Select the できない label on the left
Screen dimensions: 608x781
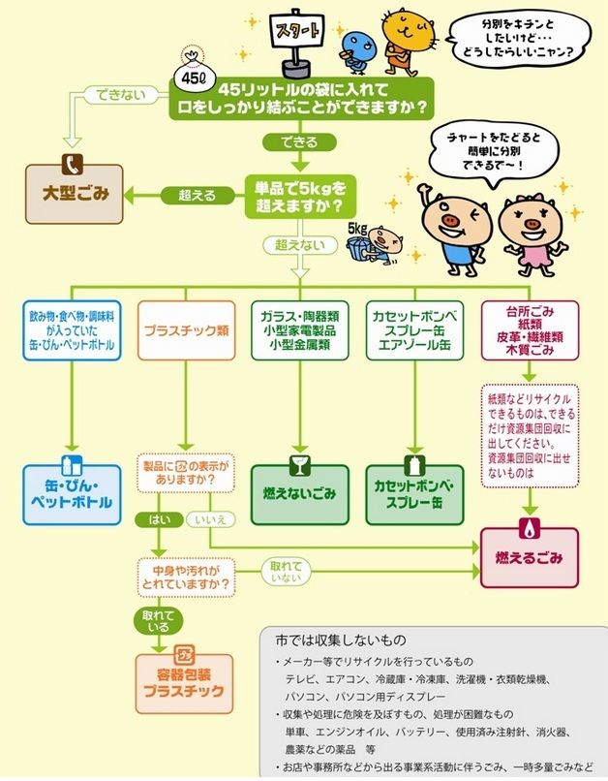pyautogui.click(x=115, y=94)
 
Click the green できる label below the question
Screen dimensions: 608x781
pyautogui.click(x=291, y=141)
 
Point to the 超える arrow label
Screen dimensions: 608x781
pyautogui.click(x=191, y=195)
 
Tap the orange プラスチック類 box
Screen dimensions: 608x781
pyautogui.click(x=187, y=329)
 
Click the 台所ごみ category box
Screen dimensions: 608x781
pyautogui.click(x=529, y=330)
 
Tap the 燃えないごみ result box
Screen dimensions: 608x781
pyautogui.click(x=299, y=493)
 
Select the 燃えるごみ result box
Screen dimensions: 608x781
pyautogui.click(x=529, y=559)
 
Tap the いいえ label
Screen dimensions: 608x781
pyautogui.click(x=210, y=519)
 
